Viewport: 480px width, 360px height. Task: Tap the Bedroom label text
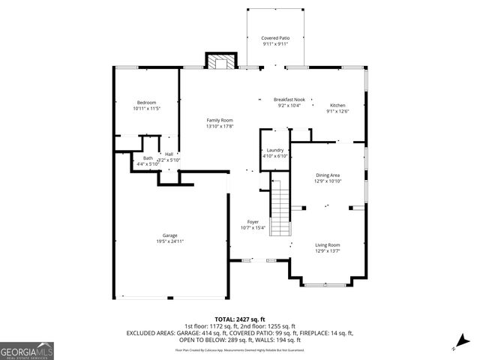click(147, 103)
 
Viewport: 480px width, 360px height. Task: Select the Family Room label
click(220, 120)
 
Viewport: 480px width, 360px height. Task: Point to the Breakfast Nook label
click(289, 100)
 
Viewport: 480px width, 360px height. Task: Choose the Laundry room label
click(275, 150)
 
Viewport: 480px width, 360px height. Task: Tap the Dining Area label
click(328, 175)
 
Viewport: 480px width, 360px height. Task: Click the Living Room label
click(327, 245)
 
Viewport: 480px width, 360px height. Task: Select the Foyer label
click(253, 222)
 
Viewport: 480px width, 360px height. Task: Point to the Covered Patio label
click(274, 37)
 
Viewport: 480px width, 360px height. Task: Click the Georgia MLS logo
click(27, 350)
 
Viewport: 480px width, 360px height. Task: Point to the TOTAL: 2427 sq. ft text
click(239, 319)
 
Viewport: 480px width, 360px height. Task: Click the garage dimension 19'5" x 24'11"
click(170, 241)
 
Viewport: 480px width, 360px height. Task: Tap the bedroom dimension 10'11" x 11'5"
click(147, 109)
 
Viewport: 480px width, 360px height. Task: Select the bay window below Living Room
click(325, 283)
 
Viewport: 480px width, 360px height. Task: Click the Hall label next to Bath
click(169, 154)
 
